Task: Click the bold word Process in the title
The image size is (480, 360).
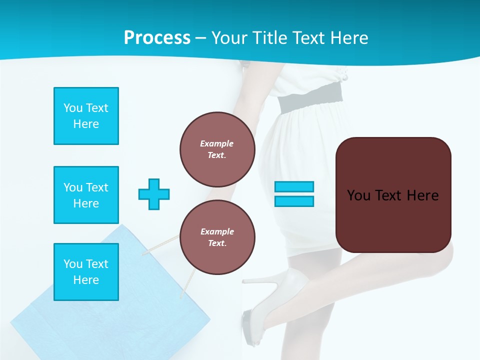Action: tap(157, 38)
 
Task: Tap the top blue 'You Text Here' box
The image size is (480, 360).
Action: tap(86, 116)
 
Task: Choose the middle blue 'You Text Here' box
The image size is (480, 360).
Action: tap(86, 195)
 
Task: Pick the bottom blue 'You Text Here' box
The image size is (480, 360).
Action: tap(86, 271)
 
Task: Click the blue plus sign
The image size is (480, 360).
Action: tap(154, 194)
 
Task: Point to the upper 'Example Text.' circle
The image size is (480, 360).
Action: tap(217, 149)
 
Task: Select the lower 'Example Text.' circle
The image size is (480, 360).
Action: tap(217, 237)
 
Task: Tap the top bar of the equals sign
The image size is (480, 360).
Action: tap(294, 187)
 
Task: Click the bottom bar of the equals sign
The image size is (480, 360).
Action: tap(294, 201)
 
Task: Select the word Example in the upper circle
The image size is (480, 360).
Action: tap(217, 143)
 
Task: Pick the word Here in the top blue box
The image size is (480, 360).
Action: tap(86, 124)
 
